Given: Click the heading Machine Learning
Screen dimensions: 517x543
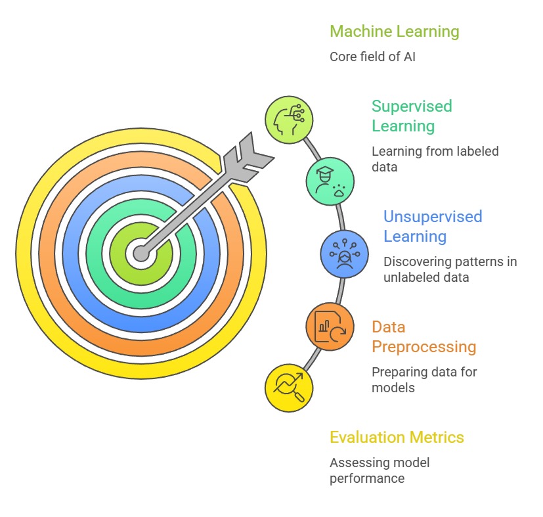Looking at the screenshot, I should click(x=394, y=32).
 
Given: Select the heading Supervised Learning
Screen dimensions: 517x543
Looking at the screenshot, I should click(x=412, y=116).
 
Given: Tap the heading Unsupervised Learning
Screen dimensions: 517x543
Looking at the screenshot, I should click(x=432, y=226).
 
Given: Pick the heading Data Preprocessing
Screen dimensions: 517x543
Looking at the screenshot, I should click(x=423, y=336).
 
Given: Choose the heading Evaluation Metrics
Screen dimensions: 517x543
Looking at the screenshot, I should click(x=397, y=438).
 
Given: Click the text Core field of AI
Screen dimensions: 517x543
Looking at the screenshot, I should click(x=372, y=57).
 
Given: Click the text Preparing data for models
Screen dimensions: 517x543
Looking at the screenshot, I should click(x=424, y=380).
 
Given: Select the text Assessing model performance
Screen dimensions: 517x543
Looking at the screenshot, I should click(x=379, y=470).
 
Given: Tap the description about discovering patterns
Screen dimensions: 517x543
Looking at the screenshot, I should click(x=450, y=269).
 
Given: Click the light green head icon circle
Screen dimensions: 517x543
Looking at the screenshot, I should click(x=289, y=120).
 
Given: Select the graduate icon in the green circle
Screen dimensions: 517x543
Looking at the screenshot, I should click(x=330, y=180).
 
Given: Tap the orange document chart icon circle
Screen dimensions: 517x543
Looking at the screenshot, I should click(x=330, y=326).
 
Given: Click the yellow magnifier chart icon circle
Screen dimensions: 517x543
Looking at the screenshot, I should click(x=289, y=388).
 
